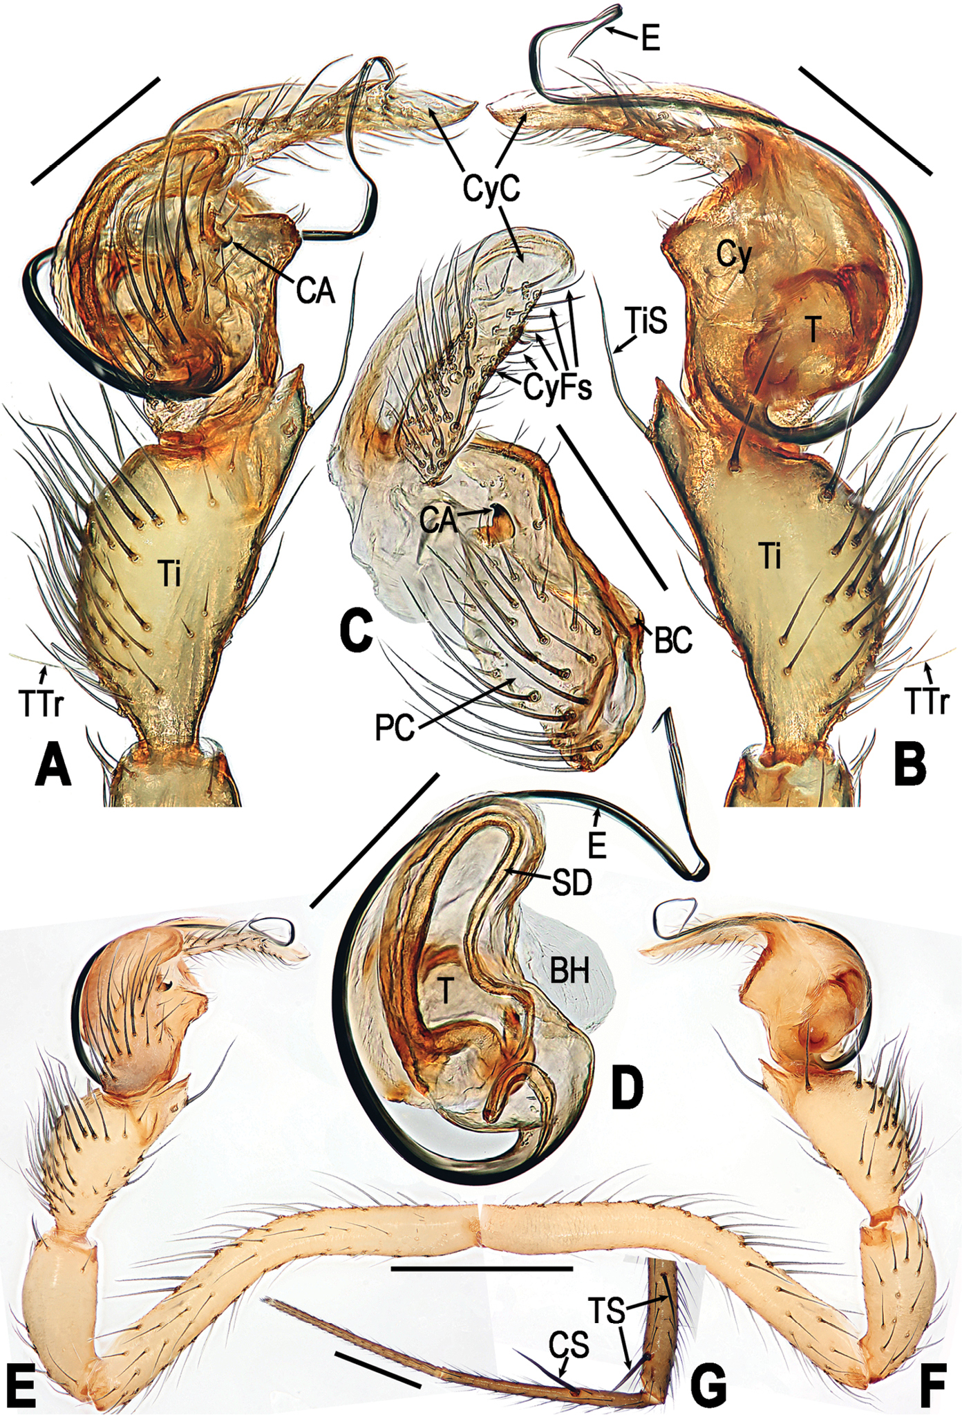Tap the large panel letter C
pos(357,631)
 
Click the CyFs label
pos(558,389)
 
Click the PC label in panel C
pos(394,727)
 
